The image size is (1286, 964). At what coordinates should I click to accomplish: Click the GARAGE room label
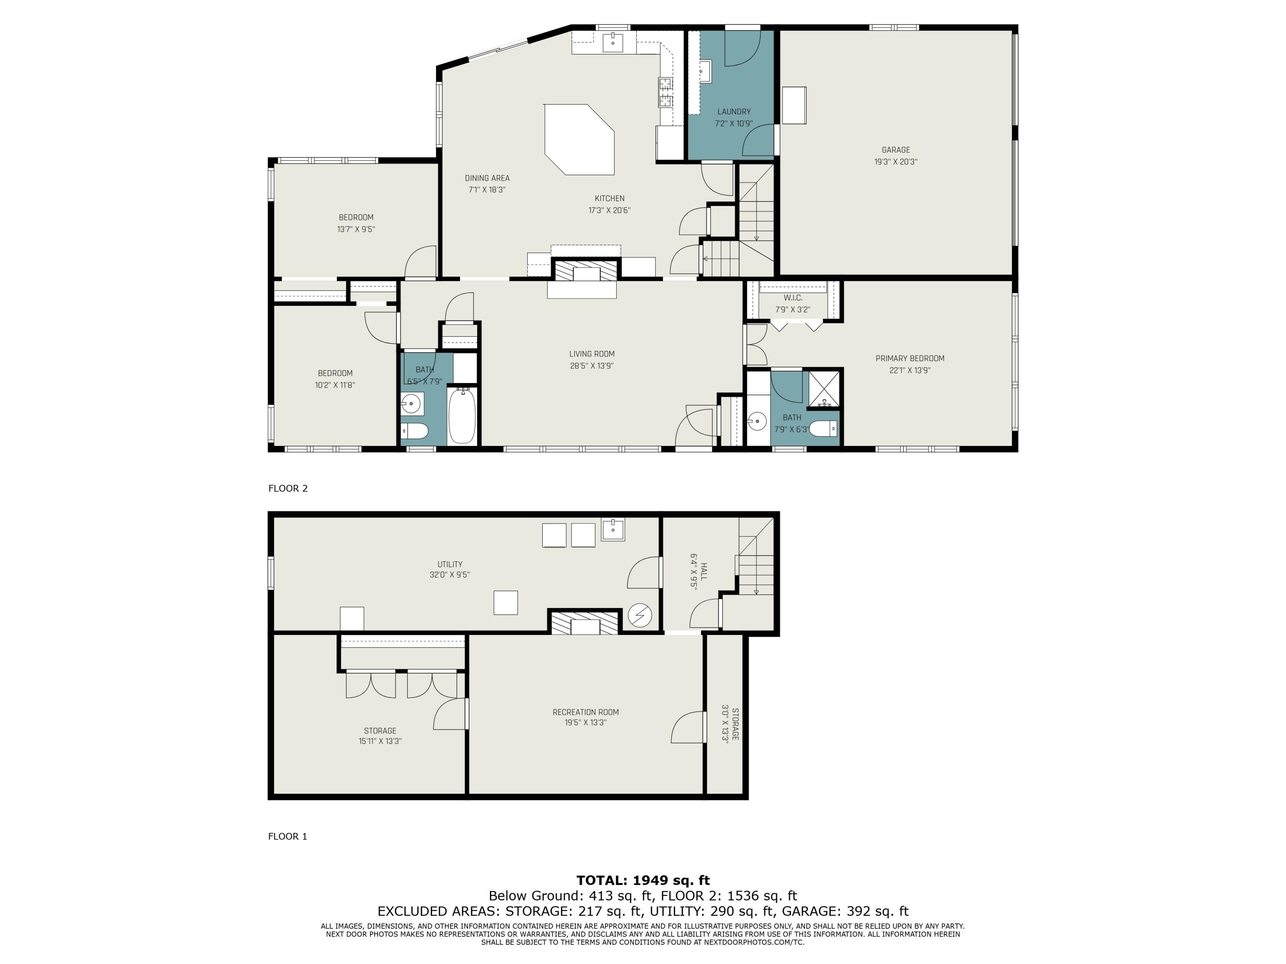coord(895,150)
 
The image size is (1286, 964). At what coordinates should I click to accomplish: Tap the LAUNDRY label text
coord(734,111)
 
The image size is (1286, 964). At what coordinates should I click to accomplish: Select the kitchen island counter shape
coord(579,139)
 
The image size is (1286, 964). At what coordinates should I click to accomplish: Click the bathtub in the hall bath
coord(462,416)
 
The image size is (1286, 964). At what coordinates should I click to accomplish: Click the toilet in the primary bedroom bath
coord(823,429)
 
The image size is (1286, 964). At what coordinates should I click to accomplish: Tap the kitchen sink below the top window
coord(613,42)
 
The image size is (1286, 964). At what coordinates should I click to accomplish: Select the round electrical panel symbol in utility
coord(640,615)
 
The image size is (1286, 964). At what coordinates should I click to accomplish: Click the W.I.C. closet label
coord(793,298)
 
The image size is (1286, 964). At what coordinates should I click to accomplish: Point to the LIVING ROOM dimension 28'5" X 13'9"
coord(592,366)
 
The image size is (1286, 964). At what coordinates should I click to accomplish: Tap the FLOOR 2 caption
coord(288,488)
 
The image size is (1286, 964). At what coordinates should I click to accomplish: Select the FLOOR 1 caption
coord(287,836)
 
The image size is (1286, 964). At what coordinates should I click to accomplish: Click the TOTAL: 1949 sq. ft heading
coord(643,880)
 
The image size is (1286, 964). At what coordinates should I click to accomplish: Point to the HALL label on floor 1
coord(704,571)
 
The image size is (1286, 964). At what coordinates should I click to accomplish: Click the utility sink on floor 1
coord(613,530)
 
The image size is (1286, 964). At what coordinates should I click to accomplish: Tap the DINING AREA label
coord(487,178)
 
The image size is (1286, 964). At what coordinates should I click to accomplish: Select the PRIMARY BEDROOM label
coord(910,359)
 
